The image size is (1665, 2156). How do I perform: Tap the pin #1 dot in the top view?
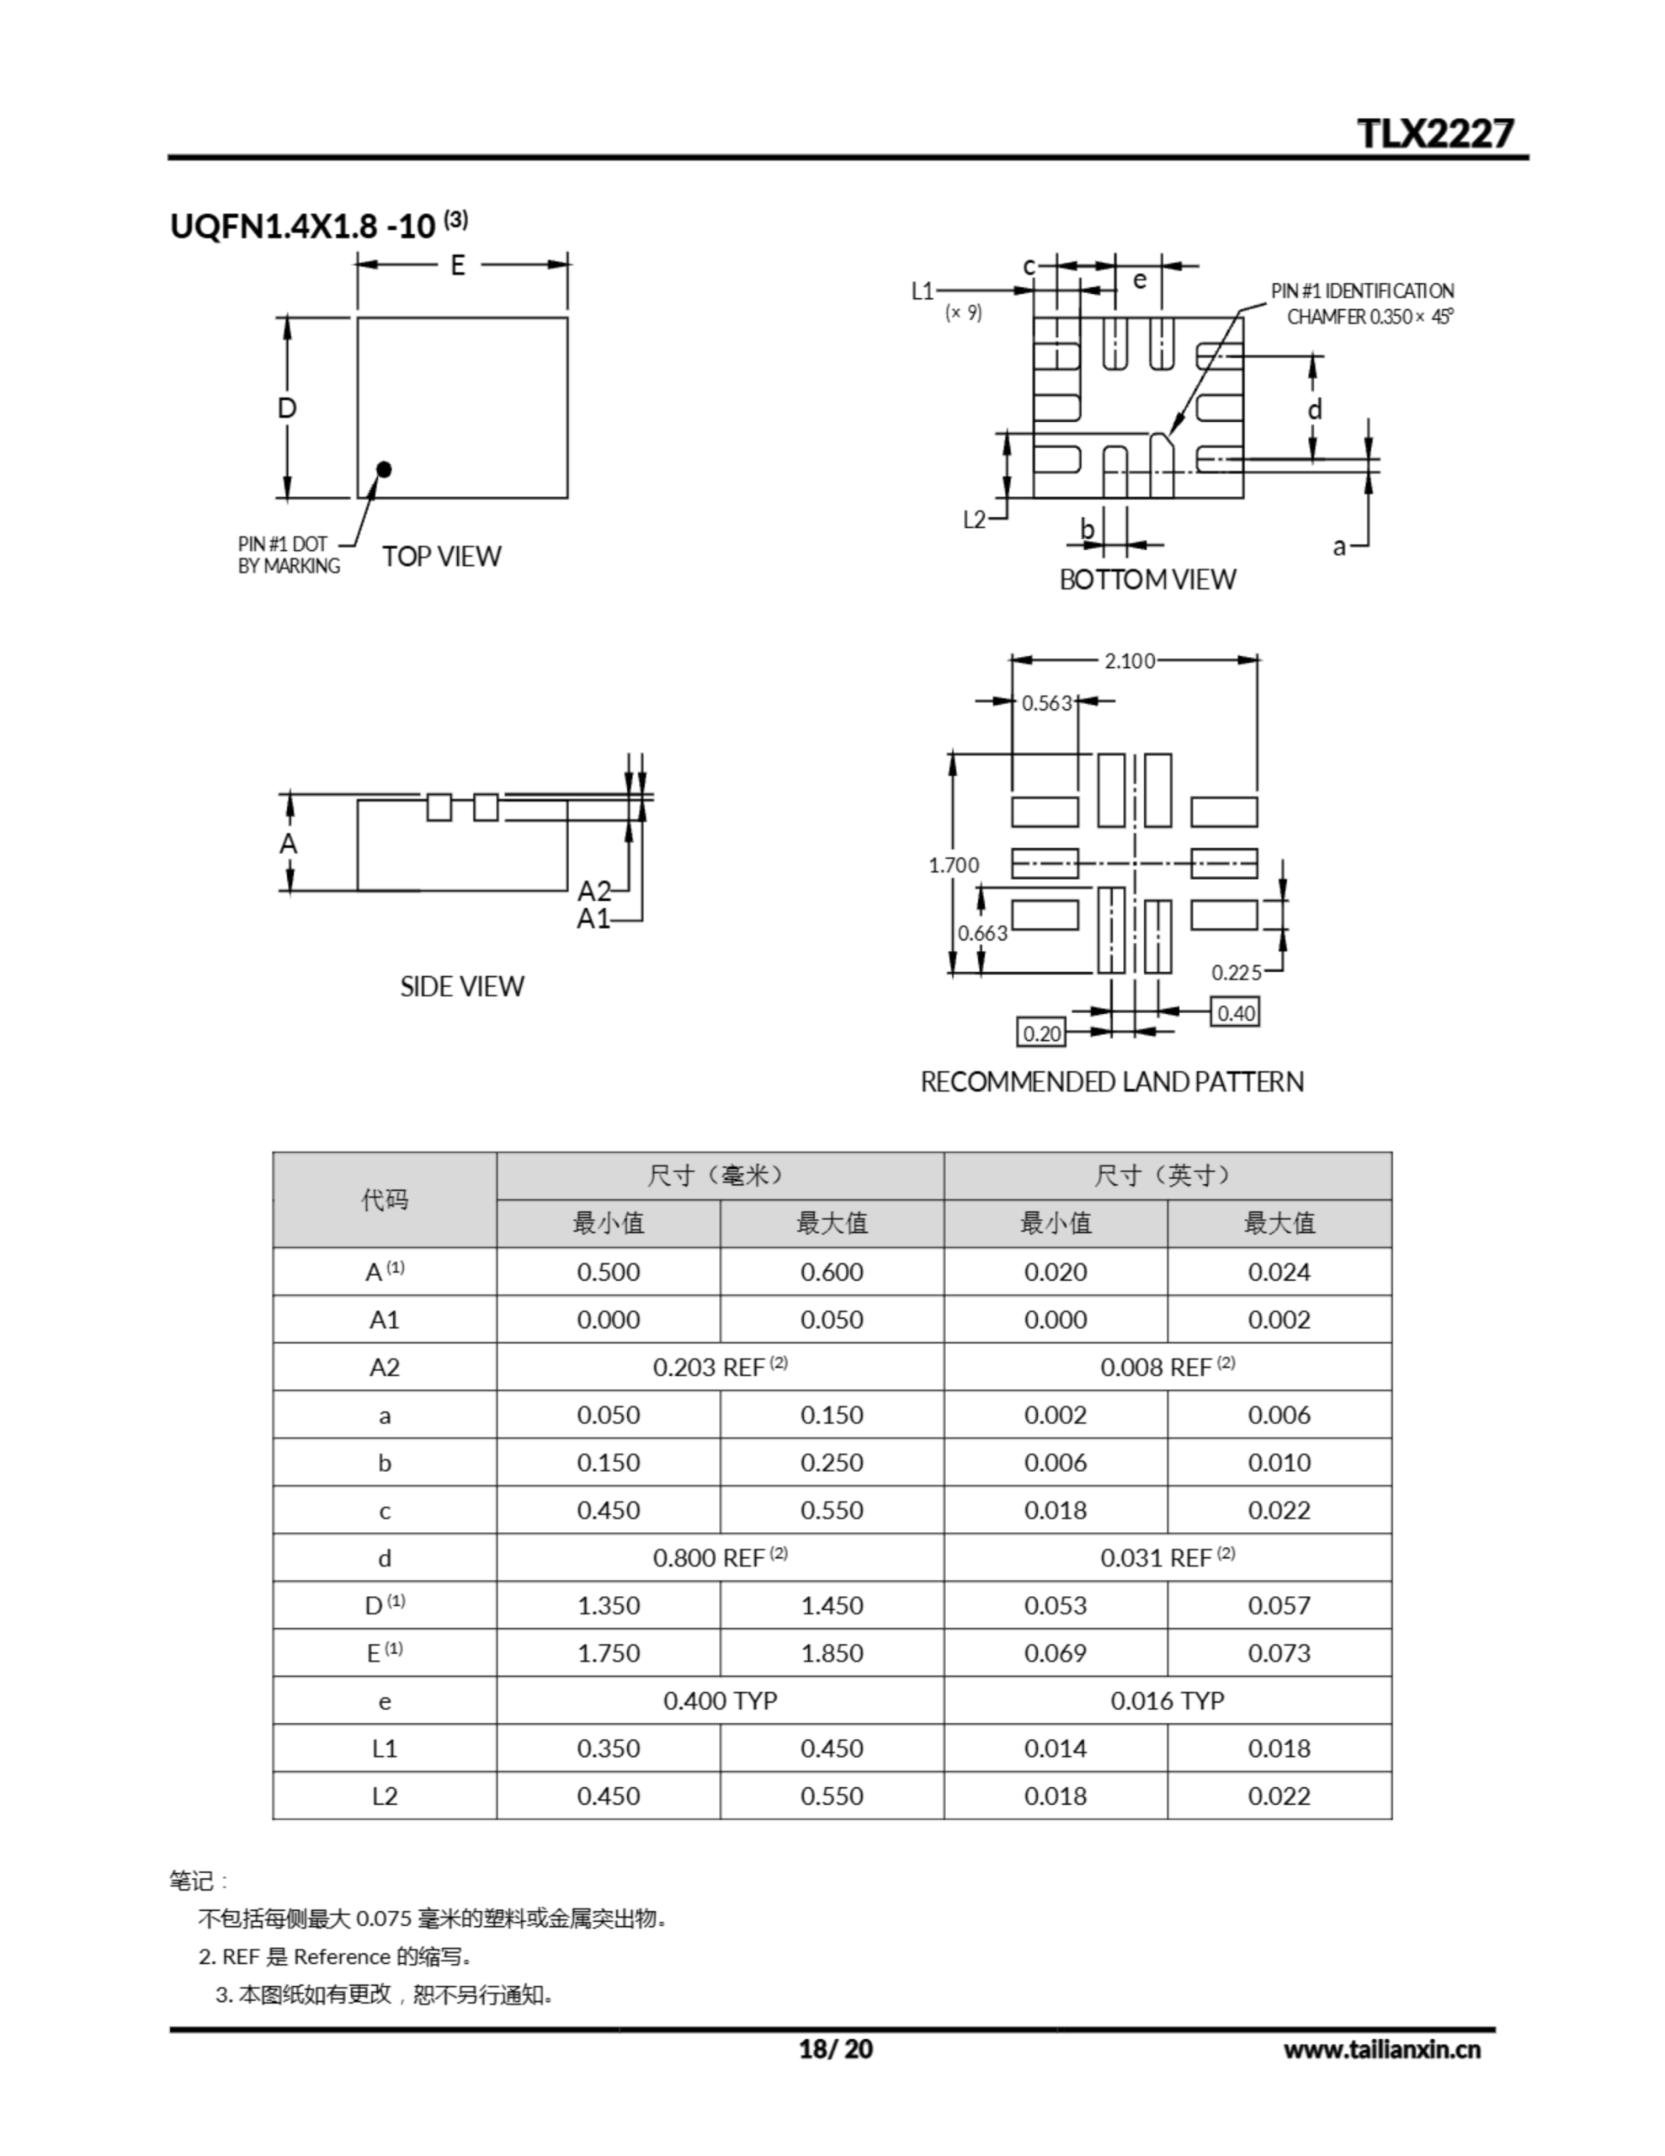point(384,469)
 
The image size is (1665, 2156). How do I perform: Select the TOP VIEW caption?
point(441,557)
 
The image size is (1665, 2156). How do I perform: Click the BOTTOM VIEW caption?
point(1146,579)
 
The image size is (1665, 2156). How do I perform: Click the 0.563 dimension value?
point(1046,703)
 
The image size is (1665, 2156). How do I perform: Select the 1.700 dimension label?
point(954,866)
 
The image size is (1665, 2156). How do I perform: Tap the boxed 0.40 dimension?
point(1236,1013)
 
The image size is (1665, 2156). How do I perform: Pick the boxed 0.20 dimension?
point(1042,1033)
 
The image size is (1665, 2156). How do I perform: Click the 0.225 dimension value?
point(1237,973)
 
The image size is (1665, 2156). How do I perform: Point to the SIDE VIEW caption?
point(462,986)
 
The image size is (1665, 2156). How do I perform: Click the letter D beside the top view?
point(287,408)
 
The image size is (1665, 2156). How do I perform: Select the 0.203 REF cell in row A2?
point(720,1367)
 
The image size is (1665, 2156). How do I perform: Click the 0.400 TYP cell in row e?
point(720,1701)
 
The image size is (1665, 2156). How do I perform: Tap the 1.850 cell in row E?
point(831,1653)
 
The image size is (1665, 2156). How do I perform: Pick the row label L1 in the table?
point(384,1748)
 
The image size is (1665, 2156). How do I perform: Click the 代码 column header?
point(384,1199)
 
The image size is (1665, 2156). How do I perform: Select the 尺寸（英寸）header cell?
point(1167,1176)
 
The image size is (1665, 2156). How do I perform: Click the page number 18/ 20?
point(835,2049)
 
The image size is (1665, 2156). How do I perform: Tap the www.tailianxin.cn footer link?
point(1380,2049)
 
